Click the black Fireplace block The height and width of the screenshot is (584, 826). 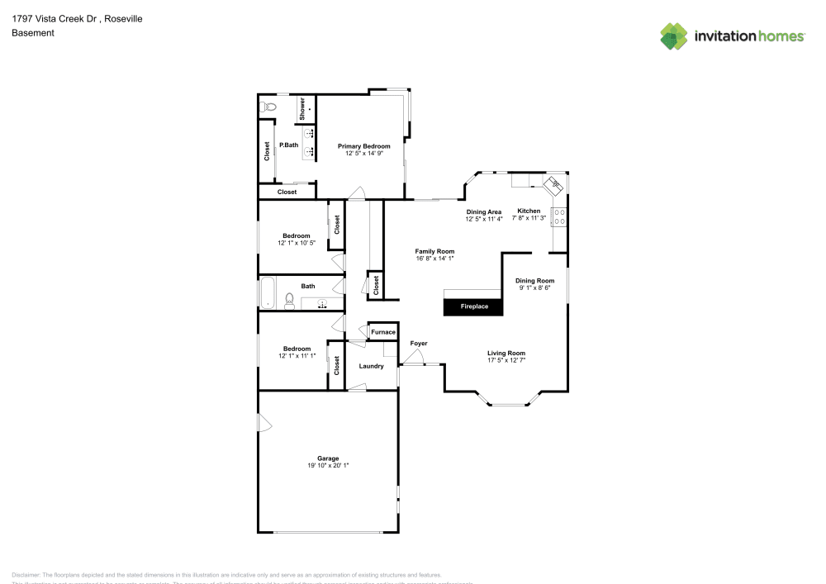[474, 306]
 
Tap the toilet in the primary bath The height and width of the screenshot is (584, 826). [269, 107]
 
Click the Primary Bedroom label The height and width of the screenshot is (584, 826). [363, 146]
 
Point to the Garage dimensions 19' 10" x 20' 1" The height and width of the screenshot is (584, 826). [328, 466]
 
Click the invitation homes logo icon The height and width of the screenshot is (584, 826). [674, 36]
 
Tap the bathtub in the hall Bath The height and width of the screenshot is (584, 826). [268, 293]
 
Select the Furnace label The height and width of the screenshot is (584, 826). [382, 332]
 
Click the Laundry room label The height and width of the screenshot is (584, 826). [371, 366]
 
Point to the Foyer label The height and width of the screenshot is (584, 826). [419, 343]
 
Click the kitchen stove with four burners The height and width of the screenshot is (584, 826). [559, 216]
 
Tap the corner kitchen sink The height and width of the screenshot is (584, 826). [555, 184]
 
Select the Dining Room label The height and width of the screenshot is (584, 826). [534, 280]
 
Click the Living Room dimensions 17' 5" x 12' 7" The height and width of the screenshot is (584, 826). [506, 360]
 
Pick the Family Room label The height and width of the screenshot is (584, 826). [435, 251]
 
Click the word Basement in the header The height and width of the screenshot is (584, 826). [33, 33]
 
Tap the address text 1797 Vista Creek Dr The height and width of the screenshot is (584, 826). [55, 18]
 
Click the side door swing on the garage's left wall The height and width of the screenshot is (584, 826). [264, 424]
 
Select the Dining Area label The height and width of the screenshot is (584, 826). [484, 211]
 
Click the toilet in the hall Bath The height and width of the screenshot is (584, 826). [289, 300]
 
